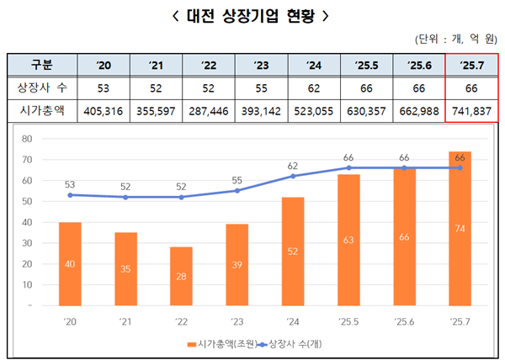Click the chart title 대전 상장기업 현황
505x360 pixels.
pos(252,15)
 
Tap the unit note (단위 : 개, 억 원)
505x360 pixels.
pos(455,40)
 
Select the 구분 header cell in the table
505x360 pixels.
pos(41,65)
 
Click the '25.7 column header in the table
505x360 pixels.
pos(471,65)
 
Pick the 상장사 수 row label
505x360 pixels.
pos(41,87)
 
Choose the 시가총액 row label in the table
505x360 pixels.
pos(41,109)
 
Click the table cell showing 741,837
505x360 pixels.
pos(471,109)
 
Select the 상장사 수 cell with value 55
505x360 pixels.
pos(261,87)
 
